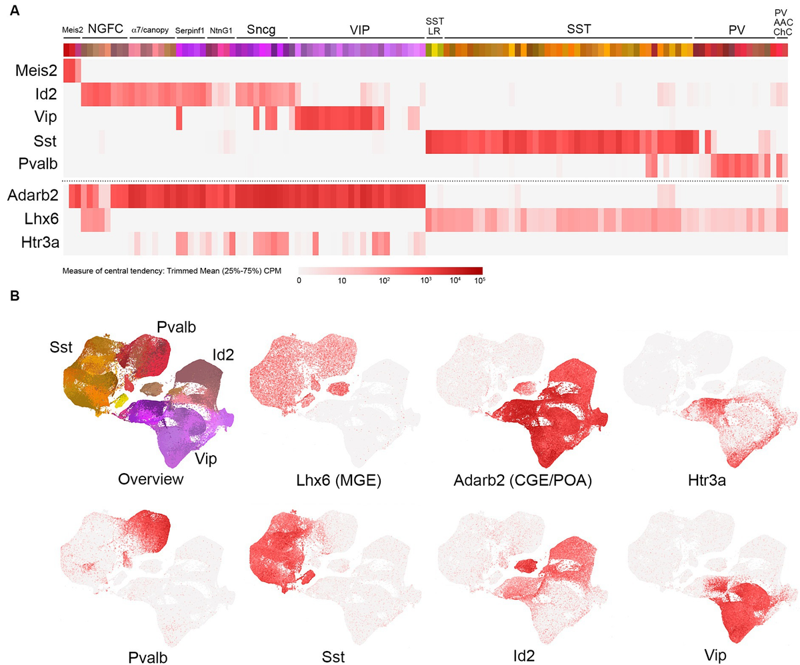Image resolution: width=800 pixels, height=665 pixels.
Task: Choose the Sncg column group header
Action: point(262,29)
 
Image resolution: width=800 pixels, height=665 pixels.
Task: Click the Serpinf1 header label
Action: point(190,30)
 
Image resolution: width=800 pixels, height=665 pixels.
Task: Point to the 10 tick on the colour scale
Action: point(341,281)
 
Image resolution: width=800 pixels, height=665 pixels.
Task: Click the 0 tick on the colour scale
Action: point(299,281)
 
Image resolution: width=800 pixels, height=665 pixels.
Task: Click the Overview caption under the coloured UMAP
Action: point(151,479)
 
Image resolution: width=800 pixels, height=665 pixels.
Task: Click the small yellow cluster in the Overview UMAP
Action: point(121,400)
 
